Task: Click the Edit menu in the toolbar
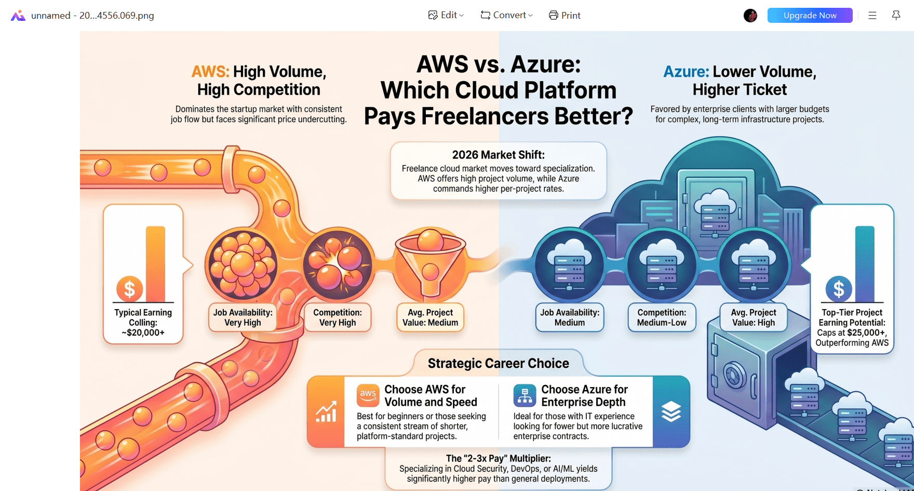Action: click(x=446, y=15)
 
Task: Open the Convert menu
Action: click(x=507, y=15)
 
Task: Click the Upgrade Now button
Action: click(x=810, y=15)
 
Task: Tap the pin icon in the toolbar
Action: click(x=896, y=15)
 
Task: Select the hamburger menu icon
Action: click(x=872, y=15)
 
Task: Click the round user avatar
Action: click(x=750, y=16)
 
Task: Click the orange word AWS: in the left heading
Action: click(x=210, y=72)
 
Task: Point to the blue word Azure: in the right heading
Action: click(x=685, y=72)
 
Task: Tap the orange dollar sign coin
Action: click(x=129, y=288)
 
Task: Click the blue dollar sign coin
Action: click(x=838, y=288)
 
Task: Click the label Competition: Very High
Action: click(x=338, y=317)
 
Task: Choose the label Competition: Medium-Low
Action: click(x=662, y=317)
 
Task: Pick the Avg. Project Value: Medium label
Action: click(x=430, y=317)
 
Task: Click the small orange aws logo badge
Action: click(x=368, y=395)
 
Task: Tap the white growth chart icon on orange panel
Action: click(x=326, y=412)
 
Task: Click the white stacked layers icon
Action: click(x=671, y=412)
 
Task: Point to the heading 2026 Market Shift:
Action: click(x=498, y=155)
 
